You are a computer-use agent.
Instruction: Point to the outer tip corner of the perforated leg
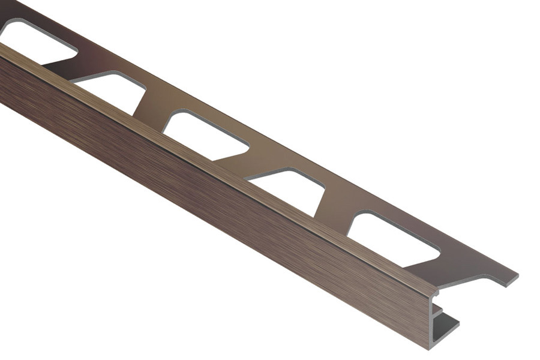pos(517,277)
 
